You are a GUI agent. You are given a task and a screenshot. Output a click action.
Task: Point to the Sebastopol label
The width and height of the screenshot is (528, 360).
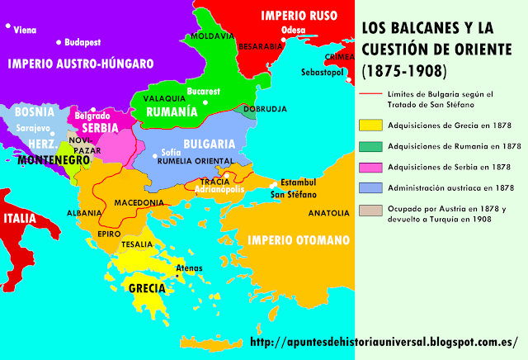[325, 72]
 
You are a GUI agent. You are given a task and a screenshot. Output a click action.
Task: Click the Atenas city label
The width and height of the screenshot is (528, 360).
[188, 268]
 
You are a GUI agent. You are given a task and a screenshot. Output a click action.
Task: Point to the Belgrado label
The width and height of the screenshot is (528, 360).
[92, 116]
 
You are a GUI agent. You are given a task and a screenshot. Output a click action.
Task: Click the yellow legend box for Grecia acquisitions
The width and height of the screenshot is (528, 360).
[370, 126]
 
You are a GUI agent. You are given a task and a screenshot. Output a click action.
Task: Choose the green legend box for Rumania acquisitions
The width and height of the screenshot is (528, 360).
[370, 146]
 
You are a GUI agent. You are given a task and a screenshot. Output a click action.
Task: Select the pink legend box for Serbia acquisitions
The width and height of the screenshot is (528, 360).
[370, 167]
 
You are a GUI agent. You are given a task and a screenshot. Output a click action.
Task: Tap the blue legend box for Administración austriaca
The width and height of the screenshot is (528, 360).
[370, 188]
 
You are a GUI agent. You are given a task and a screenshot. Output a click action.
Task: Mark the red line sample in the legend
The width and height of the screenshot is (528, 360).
[370, 92]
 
